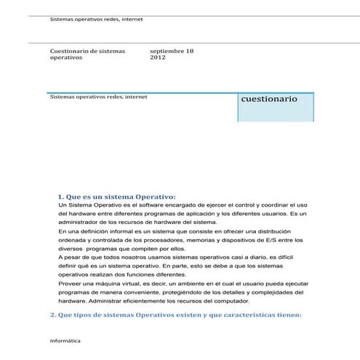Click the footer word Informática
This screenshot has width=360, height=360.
(x=65, y=340)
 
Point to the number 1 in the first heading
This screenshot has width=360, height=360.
(x=59, y=197)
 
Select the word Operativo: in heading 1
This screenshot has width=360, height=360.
(x=151, y=197)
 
